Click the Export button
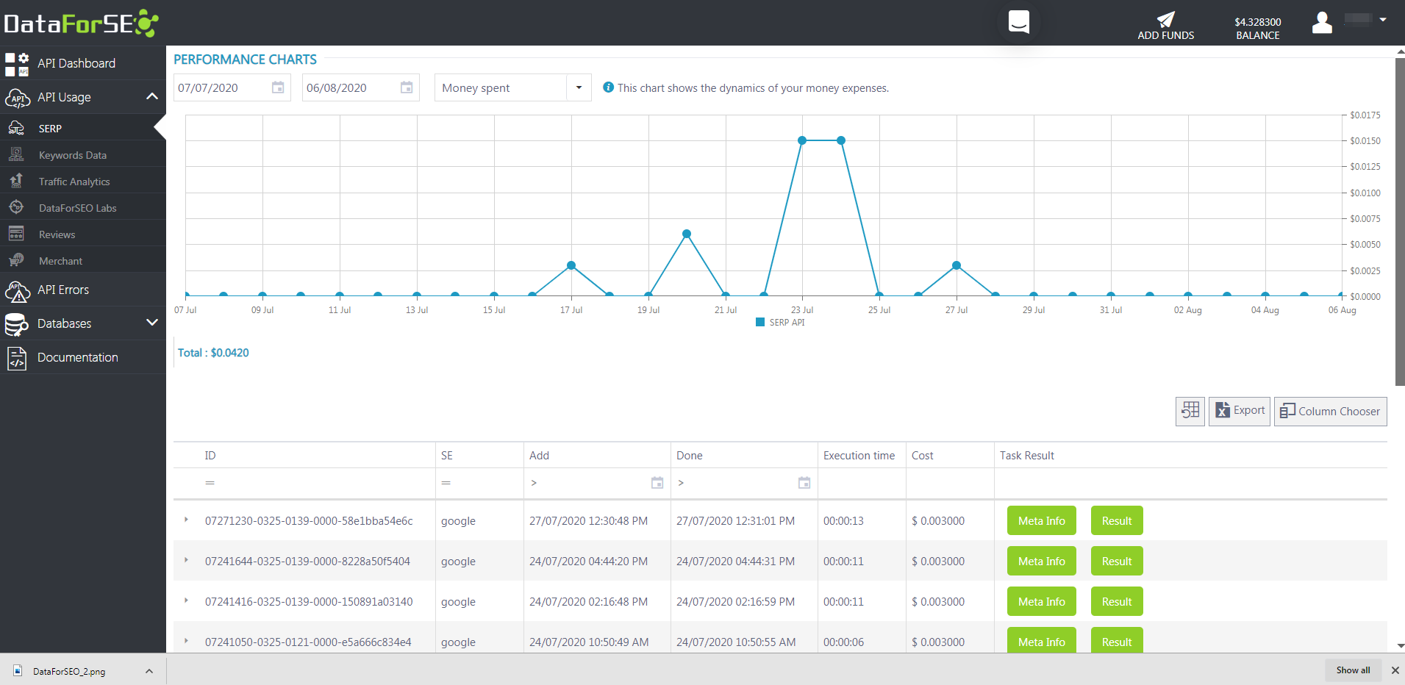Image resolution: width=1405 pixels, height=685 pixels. click(x=1240, y=411)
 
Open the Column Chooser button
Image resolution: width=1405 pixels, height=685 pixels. click(x=1330, y=412)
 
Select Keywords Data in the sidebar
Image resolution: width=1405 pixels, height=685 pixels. click(x=72, y=155)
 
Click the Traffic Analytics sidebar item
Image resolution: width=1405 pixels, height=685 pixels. click(x=74, y=182)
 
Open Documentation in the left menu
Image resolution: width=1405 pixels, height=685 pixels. click(x=77, y=357)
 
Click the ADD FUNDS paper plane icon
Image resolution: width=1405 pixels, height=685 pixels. click(x=1165, y=19)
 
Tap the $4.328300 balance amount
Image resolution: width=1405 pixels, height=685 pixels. click(x=1257, y=22)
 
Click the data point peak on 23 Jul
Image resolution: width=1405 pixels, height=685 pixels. click(x=802, y=140)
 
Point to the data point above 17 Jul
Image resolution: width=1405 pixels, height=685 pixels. click(x=571, y=265)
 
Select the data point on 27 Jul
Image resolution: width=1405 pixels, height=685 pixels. click(x=957, y=265)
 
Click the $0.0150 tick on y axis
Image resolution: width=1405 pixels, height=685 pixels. click(x=1365, y=141)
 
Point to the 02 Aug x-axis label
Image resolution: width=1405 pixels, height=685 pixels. click(x=1187, y=310)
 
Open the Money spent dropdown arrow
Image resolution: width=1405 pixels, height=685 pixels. click(x=579, y=87)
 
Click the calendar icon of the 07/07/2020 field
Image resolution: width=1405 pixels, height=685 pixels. click(x=278, y=87)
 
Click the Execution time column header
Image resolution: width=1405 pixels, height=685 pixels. click(x=859, y=456)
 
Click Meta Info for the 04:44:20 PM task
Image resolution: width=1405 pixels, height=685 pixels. click(x=1041, y=562)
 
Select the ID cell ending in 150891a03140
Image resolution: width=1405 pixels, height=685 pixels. click(x=309, y=602)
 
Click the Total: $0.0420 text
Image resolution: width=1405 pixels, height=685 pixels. click(x=213, y=353)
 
